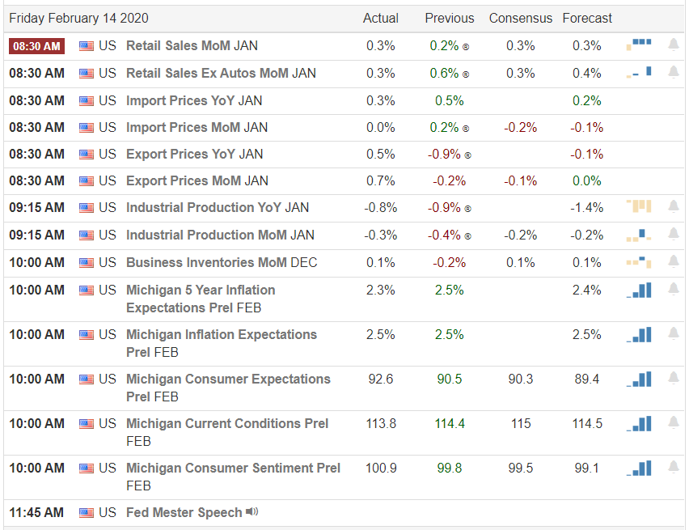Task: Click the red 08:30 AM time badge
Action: [x=36, y=46]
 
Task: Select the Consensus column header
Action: [x=520, y=18]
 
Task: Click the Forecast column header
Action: [x=587, y=18]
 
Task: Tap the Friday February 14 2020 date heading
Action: [x=78, y=18]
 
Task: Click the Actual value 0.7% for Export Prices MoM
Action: [x=381, y=180]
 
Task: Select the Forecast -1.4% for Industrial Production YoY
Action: [x=587, y=207]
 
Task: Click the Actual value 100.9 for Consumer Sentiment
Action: [x=381, y=468]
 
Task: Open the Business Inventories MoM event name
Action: [x=222, y=262]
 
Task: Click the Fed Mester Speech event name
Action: [x=184, y=512]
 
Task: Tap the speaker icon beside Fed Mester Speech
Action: [x=252, y=511]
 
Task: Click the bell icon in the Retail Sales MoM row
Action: [x=674, y=45]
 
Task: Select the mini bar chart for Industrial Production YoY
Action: [x=639, y=206]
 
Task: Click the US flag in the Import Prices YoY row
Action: [x=87, y=100]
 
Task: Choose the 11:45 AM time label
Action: [x=36, y=512]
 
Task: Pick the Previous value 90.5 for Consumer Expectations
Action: [x=449, y=379]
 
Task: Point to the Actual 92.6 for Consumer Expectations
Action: [x=381, y=379]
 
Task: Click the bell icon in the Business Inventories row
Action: [x=674, y=261]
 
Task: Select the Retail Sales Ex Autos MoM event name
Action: [x=221, y=73]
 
